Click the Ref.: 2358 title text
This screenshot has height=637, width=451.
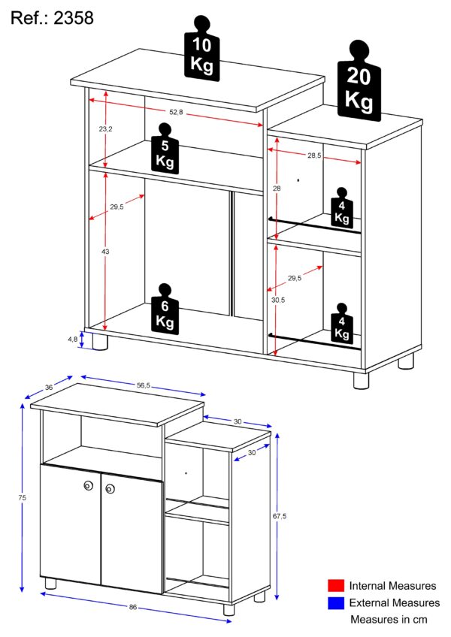52,18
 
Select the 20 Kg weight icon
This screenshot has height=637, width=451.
359,80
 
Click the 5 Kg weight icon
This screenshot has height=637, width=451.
165,148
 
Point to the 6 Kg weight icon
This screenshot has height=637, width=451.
165,309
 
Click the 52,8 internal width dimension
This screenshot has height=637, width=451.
176,112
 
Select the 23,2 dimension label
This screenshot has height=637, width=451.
105,128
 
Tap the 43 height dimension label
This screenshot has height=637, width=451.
105,252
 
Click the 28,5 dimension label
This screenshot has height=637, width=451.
314,155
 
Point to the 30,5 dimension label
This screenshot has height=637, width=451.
278,300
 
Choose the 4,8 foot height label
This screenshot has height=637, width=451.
72,340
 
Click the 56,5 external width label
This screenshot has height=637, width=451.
144,385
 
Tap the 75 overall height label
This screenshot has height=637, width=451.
23,497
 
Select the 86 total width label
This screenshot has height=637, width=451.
133,607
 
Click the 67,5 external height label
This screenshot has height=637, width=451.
280,516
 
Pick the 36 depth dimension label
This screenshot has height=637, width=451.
49,387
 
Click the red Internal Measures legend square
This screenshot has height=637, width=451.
336,585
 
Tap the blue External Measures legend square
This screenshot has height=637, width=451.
336,603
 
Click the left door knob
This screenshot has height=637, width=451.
88,485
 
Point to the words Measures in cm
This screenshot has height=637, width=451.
389,620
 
